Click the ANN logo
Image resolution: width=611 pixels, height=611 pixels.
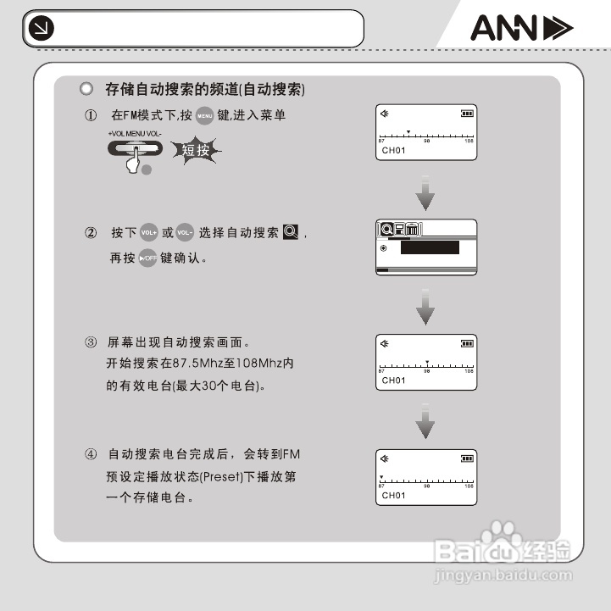(x=521, y=30)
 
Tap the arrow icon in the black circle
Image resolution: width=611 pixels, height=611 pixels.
(x=40, y=30)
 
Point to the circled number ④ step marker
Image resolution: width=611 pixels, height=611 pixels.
(x=90, y=454)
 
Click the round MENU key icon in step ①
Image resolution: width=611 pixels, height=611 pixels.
(x=204, y=116)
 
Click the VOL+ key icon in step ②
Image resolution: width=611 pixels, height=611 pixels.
(x=149, y=233)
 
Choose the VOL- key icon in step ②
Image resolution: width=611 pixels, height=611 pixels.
(x=186, y=233)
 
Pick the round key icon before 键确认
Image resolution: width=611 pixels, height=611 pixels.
(x=148, y=258)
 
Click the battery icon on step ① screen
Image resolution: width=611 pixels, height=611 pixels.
(x=467, y=113)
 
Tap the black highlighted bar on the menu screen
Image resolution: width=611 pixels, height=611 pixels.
(x=430, y=247)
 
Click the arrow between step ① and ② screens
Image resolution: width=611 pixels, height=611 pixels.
(x=426, y=194)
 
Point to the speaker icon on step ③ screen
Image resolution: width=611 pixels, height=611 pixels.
(x=385, y=342)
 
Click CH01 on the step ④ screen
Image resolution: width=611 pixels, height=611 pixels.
(x=393, y=495)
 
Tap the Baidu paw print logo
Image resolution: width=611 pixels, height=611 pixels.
(x=508, y=539)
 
